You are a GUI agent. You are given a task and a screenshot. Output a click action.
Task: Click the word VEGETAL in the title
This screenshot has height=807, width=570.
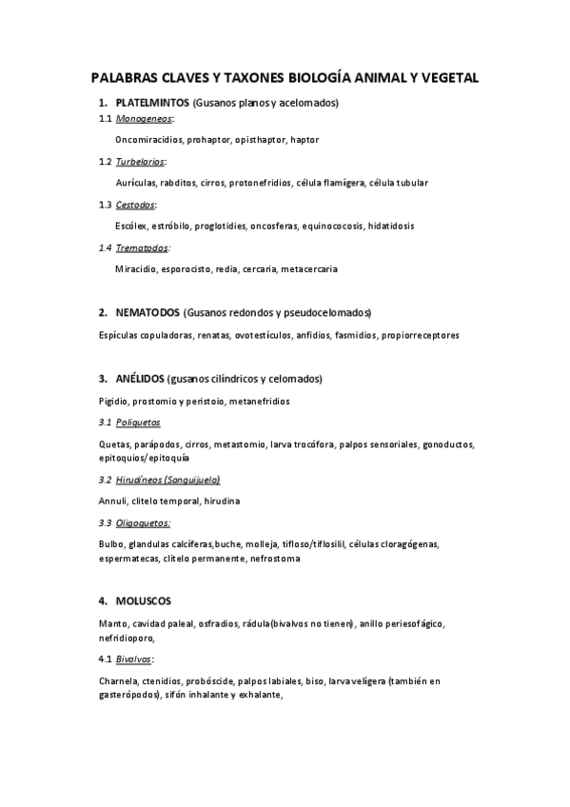tap(445, 78)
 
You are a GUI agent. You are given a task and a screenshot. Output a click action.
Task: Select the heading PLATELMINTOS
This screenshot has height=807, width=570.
tap(152, 102)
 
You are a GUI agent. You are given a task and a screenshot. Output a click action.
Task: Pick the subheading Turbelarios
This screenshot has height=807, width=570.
tap(140, 162)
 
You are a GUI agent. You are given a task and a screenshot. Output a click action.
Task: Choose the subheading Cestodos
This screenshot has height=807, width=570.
tap(135, 205)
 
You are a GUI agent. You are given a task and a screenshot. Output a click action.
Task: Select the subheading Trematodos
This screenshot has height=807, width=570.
tap(142, 247)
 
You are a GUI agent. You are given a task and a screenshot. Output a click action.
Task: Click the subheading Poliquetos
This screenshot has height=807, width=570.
tap(139, 422)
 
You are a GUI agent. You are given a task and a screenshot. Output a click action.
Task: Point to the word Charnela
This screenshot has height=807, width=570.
tap(118, 681)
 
